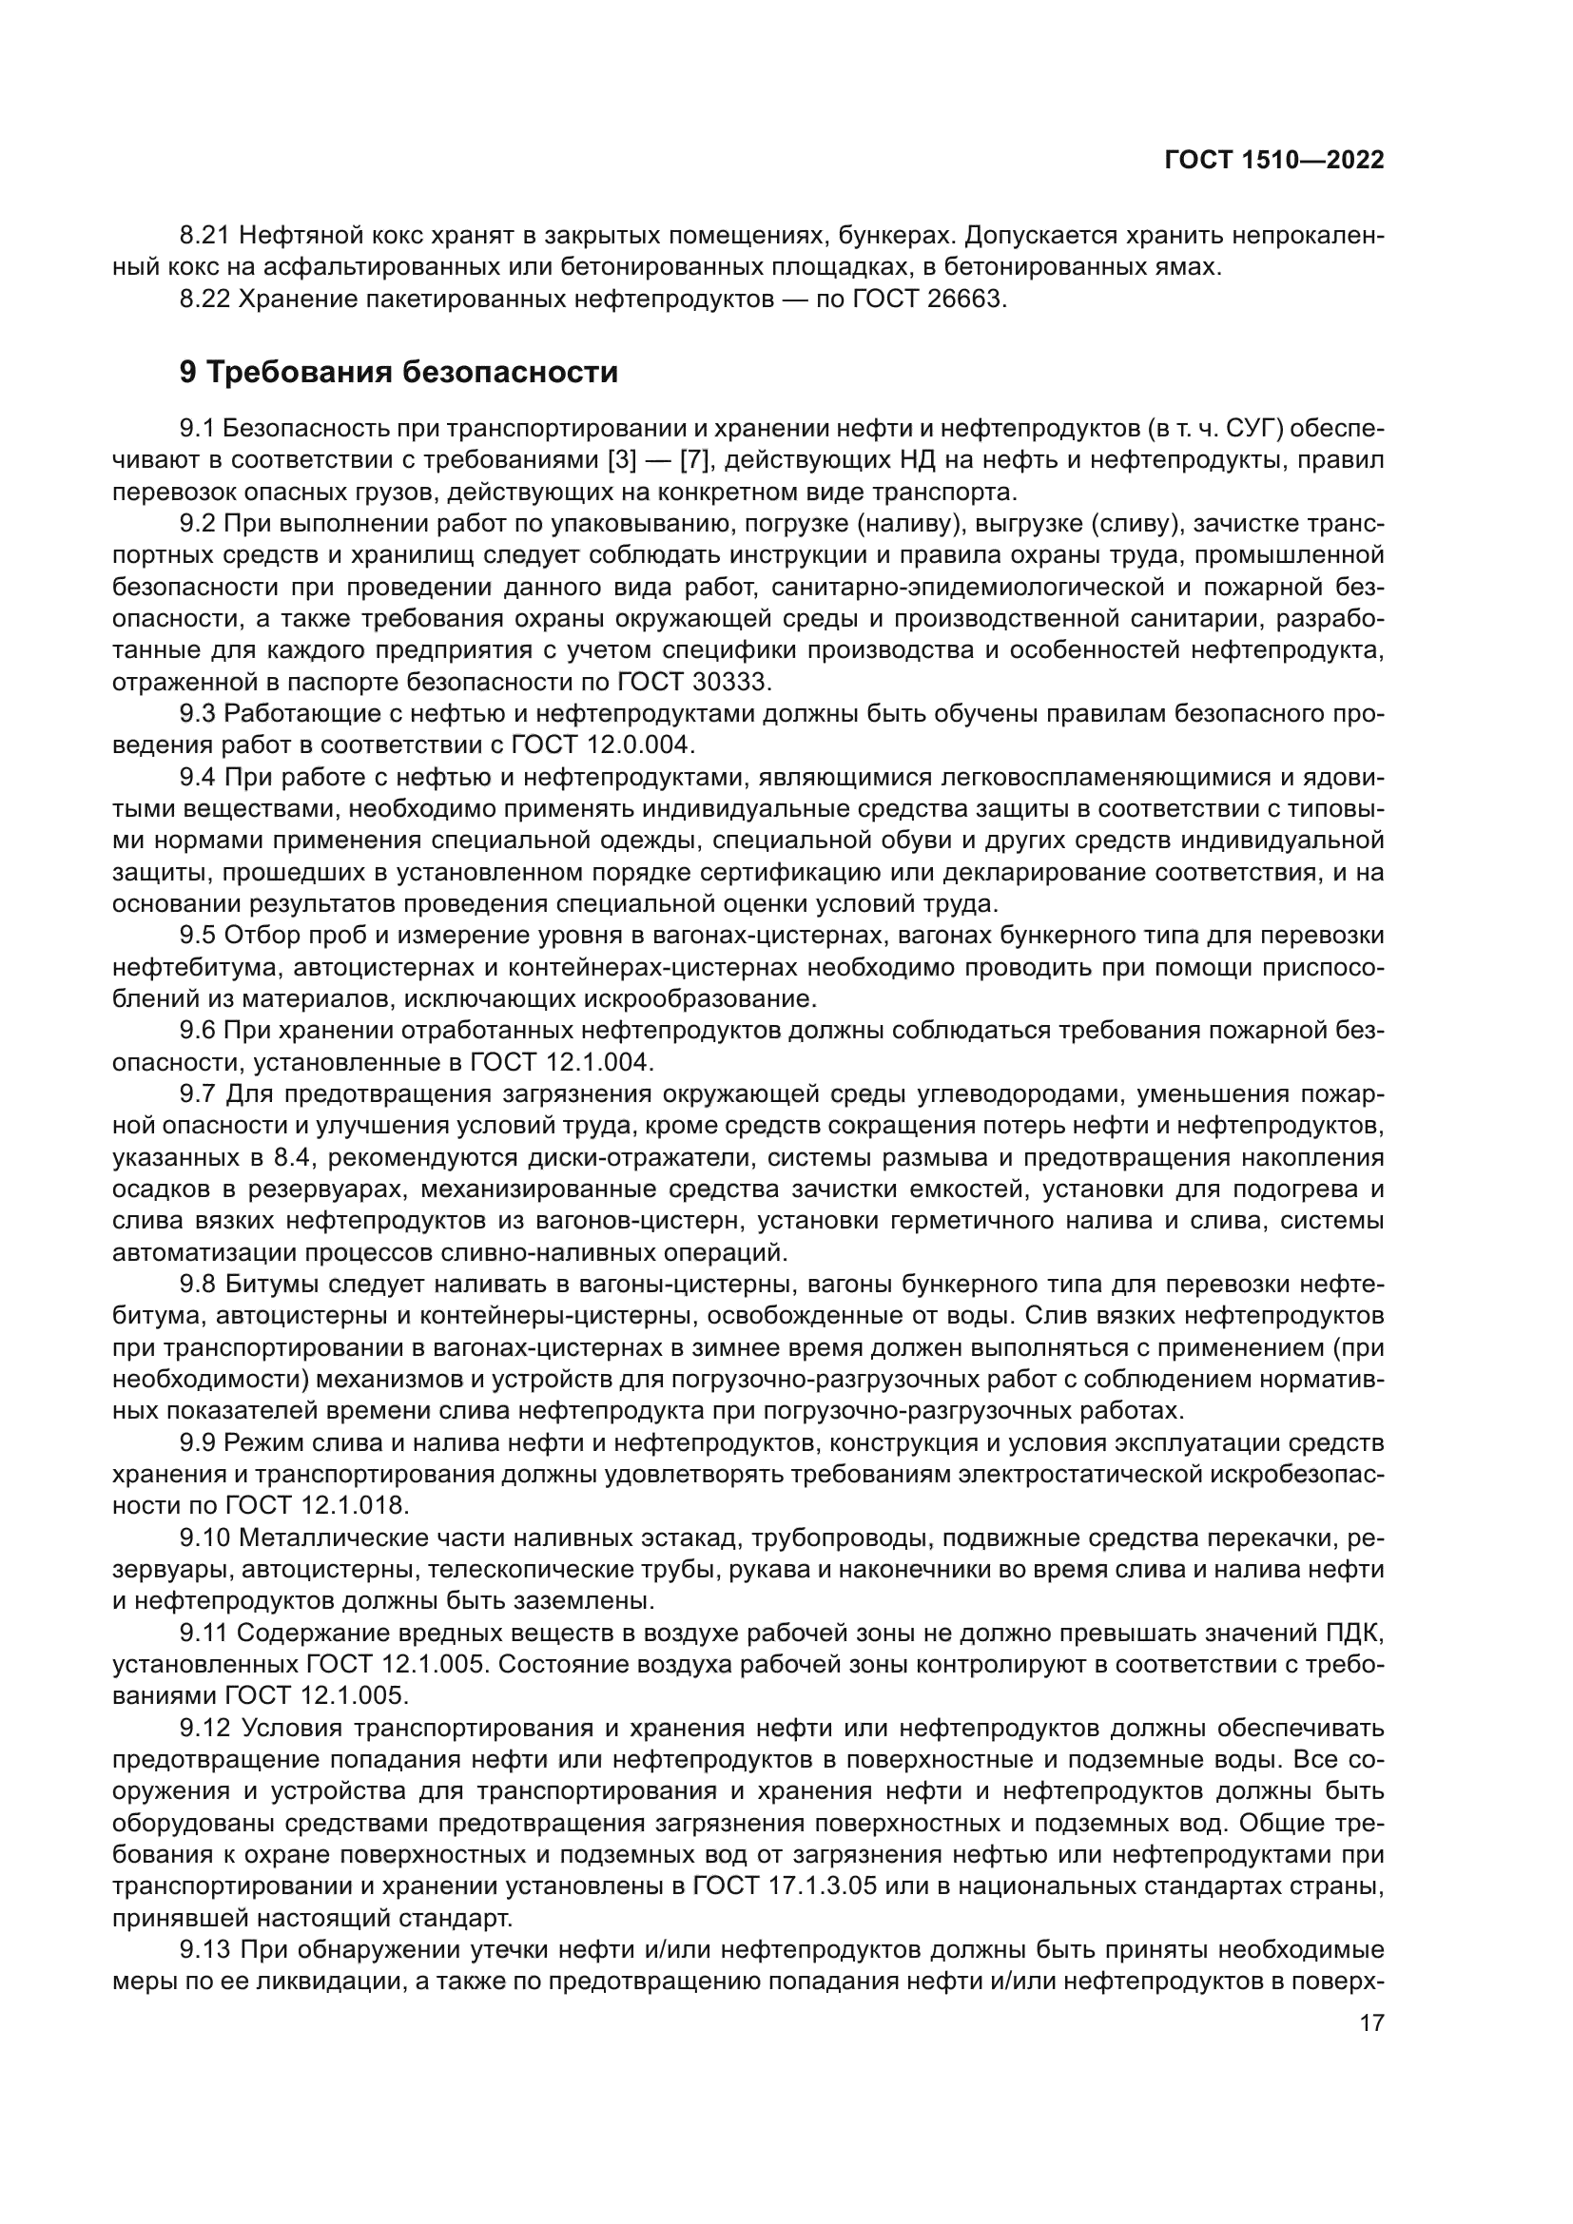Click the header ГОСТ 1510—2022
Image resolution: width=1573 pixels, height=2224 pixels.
pos(1273,161)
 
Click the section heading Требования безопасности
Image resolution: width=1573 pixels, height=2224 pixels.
pos(413,372)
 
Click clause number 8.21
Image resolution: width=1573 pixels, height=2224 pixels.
pos(204,236)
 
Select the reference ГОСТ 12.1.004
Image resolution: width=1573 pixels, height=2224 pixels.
pos(562,1062)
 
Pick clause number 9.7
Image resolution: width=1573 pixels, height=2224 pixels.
pos(198,1093)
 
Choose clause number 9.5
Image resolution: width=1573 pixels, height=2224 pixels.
pos(198,935)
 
